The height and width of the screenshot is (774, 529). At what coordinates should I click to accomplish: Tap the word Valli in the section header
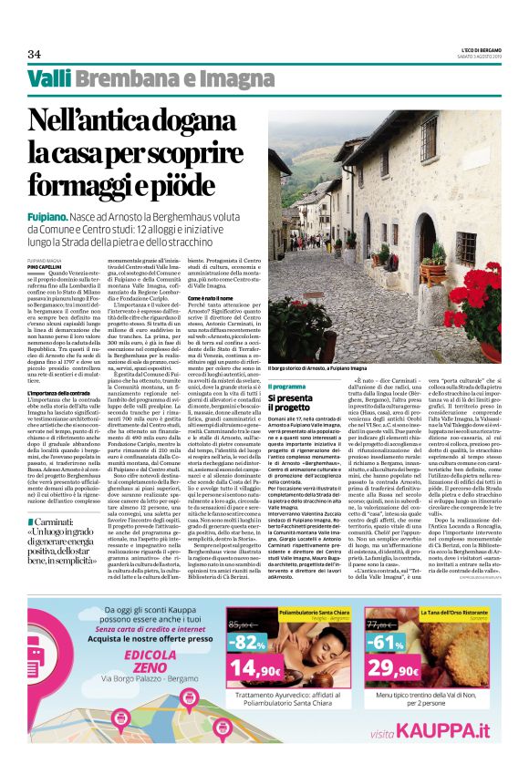(47, 79)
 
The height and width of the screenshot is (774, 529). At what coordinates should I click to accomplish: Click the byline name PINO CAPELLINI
(46, 265)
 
